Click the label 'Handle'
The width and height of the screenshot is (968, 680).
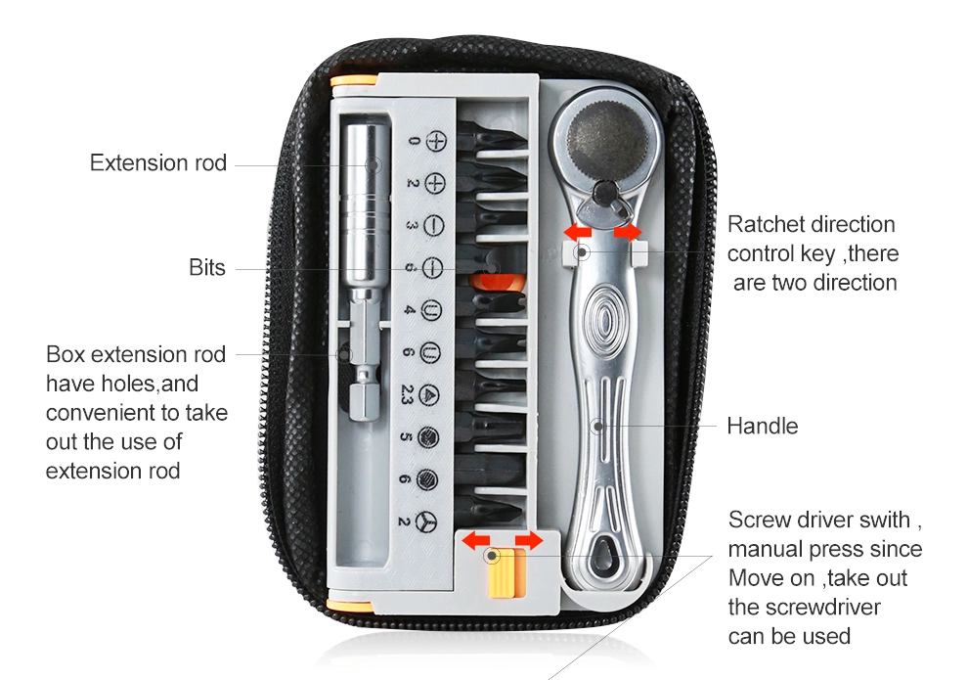click(x=763, y=427)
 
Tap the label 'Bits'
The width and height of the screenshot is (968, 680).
click(x=207, y=268)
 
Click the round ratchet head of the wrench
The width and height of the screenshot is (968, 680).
click(x=607, y=136)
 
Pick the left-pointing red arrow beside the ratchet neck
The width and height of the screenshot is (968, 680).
click(x=578, y=233)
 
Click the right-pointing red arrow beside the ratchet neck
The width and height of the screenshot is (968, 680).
click(x=628, y=233)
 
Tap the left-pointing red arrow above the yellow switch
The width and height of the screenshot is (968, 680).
click(x=476, y=540)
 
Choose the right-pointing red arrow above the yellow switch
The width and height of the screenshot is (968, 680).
click(x=529, y=540)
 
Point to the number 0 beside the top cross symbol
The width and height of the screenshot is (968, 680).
click(x=414, y=142)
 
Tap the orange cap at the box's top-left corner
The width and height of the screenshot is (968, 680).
click(x=354, y=81)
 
